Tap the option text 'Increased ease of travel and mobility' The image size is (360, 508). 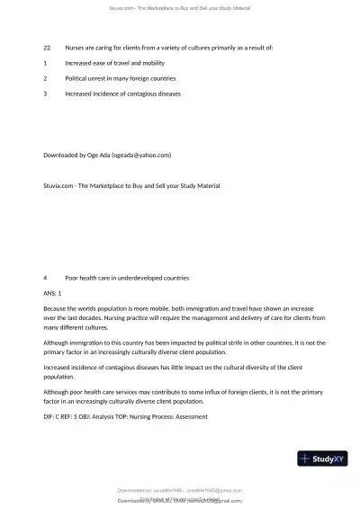click(x=114, y=62)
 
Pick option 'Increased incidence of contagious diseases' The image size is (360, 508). click(x=122, y=93)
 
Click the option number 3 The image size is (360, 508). click(x=45, y=93)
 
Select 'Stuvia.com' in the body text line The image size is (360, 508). click(x=58, y=186)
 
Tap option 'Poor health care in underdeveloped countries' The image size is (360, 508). click(x=127, y=277)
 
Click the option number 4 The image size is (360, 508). click(x=45, y=277)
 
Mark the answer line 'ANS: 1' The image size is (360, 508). click(x=52, y=293)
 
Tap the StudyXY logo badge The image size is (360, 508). click(x=322, y=459)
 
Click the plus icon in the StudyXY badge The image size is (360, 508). click(x=306, y=459)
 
